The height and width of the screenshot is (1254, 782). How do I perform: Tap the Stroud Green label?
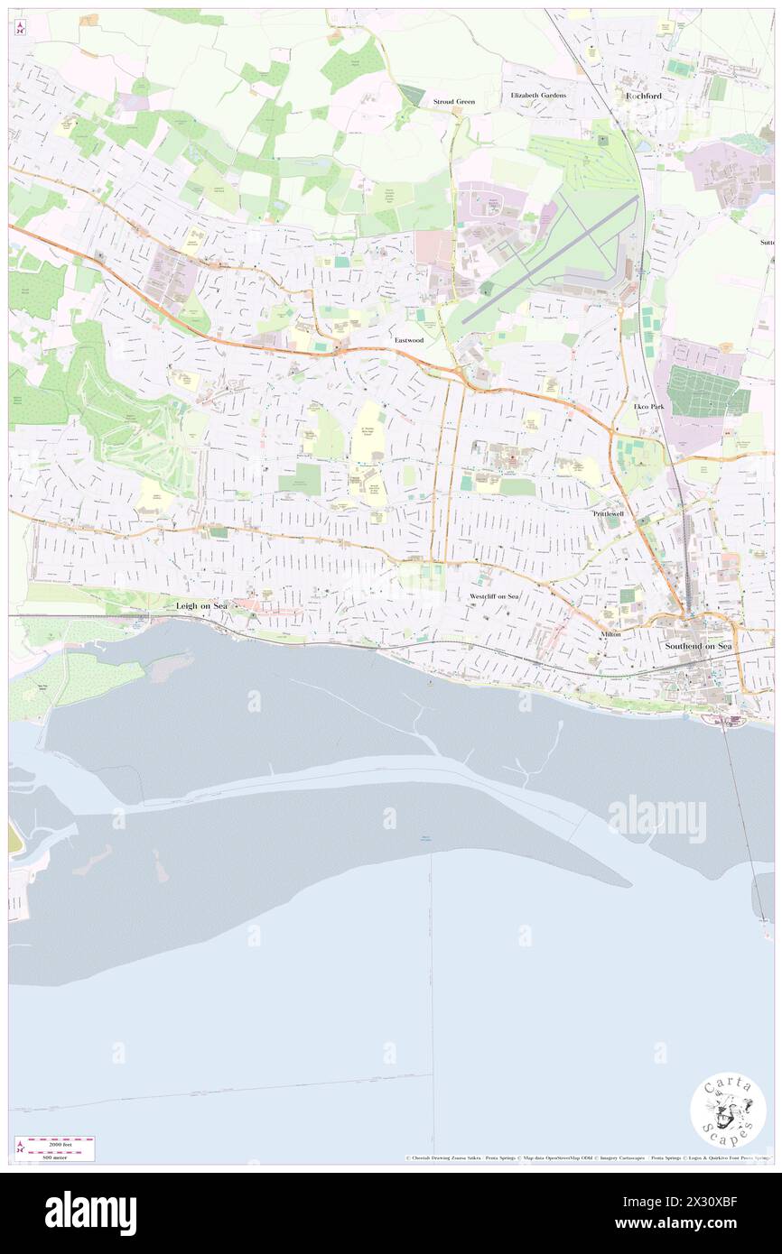453,102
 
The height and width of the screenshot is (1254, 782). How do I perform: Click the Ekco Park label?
648,407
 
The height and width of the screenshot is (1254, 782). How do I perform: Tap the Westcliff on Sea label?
494,597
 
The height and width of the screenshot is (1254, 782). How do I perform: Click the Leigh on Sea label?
201,606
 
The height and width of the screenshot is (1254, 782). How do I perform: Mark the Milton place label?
610,634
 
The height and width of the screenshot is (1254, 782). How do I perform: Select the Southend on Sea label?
698,647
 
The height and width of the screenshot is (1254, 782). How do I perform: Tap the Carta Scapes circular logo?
728,1111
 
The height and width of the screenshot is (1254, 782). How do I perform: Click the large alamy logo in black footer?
90,1213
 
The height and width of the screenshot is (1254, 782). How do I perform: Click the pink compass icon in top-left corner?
20,28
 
